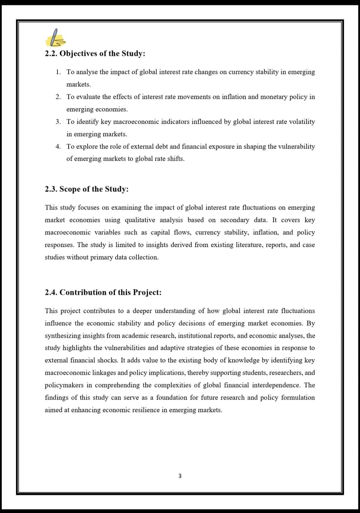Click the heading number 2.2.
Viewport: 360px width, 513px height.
pos(51,54)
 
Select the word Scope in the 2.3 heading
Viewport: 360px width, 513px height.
pos(70,189)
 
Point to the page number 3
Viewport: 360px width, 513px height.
pos(180,476)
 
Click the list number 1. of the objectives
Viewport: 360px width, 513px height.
pos(58,72)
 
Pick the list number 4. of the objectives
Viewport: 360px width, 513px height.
pos(58,147)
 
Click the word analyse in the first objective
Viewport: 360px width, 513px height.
pos(87,72)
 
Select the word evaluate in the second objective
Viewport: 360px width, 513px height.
pos(89,97)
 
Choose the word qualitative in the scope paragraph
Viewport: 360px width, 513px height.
pos(140,220)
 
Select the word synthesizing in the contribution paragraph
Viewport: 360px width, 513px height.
pos(63,336)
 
